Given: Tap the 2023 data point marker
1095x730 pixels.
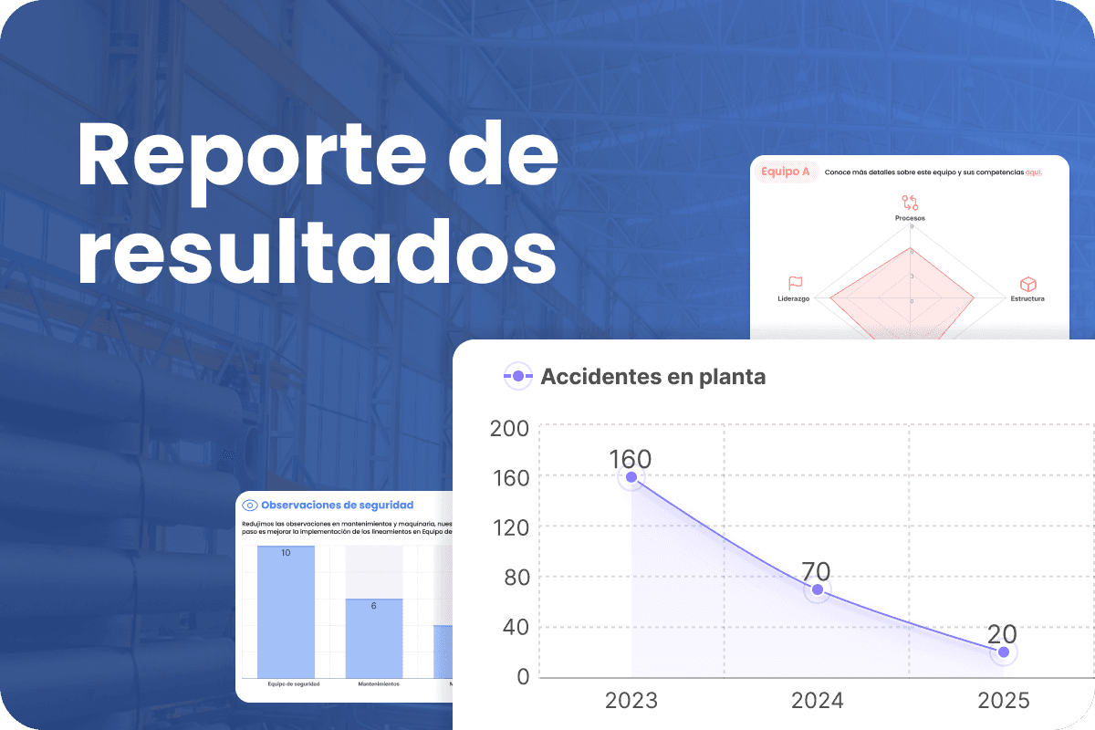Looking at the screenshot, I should pyautogui.click(x=631, y=477).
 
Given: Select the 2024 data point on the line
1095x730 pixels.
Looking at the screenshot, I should pyautogui.click(x=818, y=589).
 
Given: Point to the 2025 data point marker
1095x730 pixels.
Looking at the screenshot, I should pyautogui.click(x=1004, y=652).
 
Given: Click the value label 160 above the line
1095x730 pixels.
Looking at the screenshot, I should pyautogui.click(x=631, y=459).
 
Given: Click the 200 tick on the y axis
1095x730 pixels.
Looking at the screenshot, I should pyautogui.click(x=509, y=428).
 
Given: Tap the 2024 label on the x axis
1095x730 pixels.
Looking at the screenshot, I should pyautogui.click(x=818, y=701).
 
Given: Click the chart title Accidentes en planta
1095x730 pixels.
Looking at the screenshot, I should pyautogui.click(x=652, y=376).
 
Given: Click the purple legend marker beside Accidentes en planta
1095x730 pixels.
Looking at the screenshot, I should pyautogui.click(x=517, y=376).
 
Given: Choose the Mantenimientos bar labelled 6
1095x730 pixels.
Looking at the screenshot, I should pyautogui.click(x=373, y=638).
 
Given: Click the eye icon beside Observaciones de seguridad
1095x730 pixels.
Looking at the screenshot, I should pyautogui.click(x=249, y=505).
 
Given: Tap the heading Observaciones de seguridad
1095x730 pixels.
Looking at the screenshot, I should pyautogui.click(x=337, y=505).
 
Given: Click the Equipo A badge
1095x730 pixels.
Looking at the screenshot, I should pyautogui.click(x=785, y=171).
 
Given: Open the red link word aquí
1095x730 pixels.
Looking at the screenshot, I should pyautogui.click(x=1033, y=172).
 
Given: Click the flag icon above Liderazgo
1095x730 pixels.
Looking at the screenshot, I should pyautogui.click(x=795, y=284).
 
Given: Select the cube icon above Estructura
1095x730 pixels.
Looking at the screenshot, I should pyautogui.click(x=1027, y=284).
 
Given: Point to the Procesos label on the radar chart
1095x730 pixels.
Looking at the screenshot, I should pyautogui.click(x=910, y=219).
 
